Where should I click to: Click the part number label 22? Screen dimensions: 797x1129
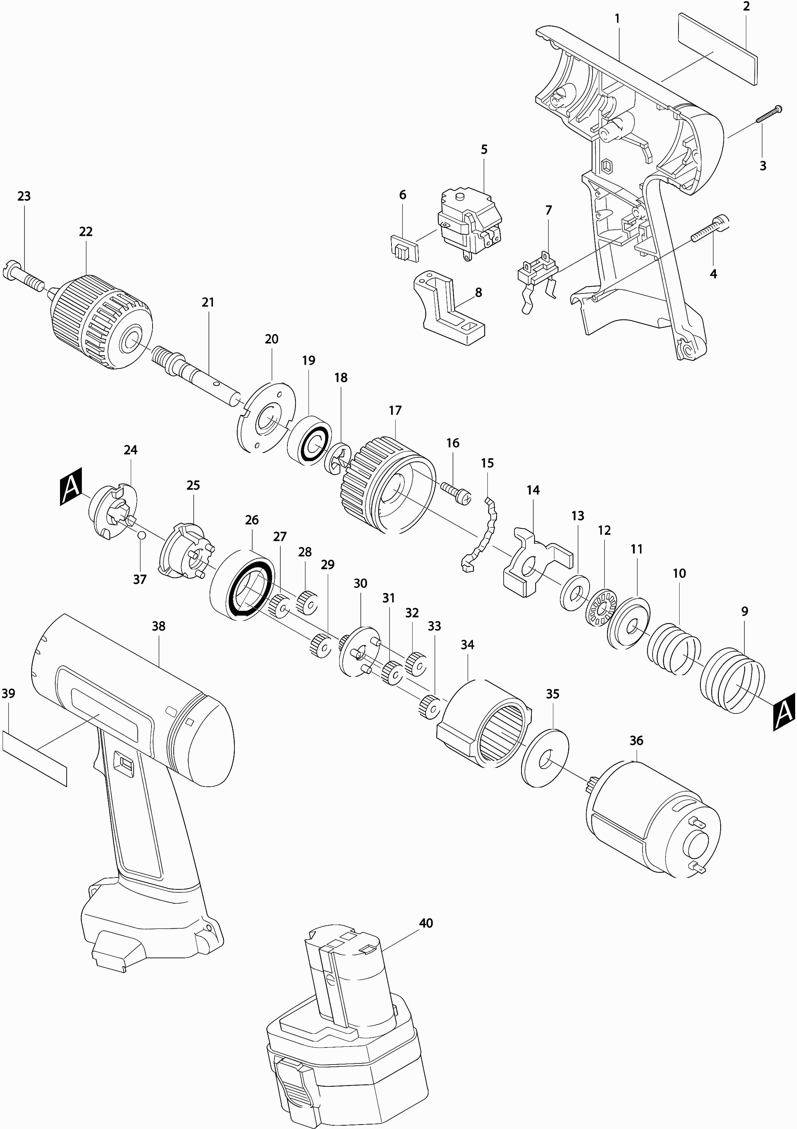[x=86, y=232]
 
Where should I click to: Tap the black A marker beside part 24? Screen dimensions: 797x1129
[x=71, y=487]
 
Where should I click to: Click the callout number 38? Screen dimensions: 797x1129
[x=158, y=626]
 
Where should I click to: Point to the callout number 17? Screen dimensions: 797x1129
[x=395, y=410]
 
